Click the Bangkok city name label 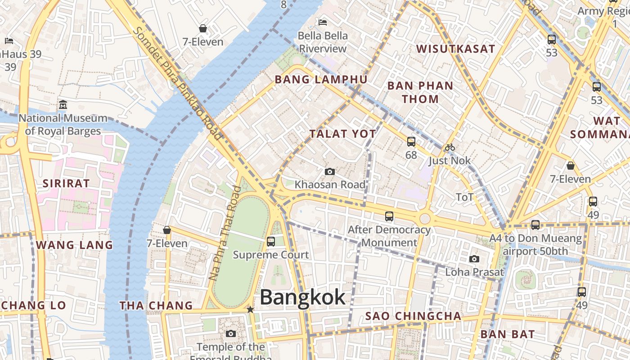pyautogui.click(x=302, y=297)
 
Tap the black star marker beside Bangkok pyautogui.click(x=250, y=310)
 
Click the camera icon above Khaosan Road pyautogui.click(x=330, y=172)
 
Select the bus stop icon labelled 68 pyautogui.click(x=411, y=142)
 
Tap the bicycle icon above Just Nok pyautogui.click(x=450, y=147)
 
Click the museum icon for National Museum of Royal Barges pyautogui.click(x=63, y=105)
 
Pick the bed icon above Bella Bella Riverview pyautogui.click(x=323, y=22)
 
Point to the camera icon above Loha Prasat pyautogui.click(x=474, y=259)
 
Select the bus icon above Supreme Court pyautogui.click(x=271, y=241)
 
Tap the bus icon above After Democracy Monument pyautogui.click(x=389, y=216)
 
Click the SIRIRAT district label pyautogui.click(x=66, y=183)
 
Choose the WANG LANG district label pyautogui.click(x=74, y=245)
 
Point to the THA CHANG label pyautogui.click(x=156, y=306)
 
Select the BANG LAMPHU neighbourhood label pyautogui.click(x=321, y=80)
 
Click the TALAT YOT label pyautogui.click(x=342, y=134)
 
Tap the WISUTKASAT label pyautogui.click(x=455, y=49)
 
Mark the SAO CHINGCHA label pyautogui.click(x=413, y=316)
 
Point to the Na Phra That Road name pyautogui.click(x=225, y=233)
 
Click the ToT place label pyautogui.click(x=464, y=197)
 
